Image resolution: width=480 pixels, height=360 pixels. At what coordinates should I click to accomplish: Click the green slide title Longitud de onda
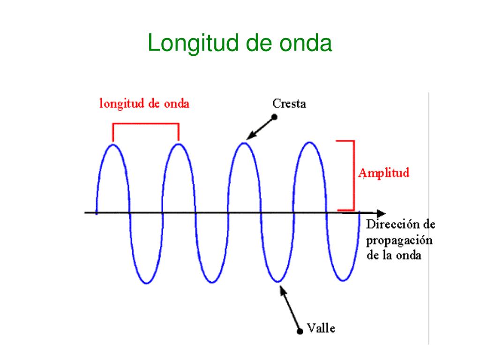pyautogui.click(x=240, y=44)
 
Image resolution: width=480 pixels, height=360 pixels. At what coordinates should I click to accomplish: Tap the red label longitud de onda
pyautogui.click(x=144, y=104)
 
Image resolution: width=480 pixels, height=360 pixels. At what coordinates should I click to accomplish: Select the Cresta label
pyautogui.click(x=289, y=104)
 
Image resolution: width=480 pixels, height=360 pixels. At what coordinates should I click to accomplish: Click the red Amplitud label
pyautogui.click(x=383, y=173)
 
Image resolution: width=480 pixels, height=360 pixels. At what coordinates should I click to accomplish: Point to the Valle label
pyautogui.click(x=321, y=328)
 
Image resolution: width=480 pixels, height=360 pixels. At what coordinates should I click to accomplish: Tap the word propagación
pyautogui.click(x=399, y=241)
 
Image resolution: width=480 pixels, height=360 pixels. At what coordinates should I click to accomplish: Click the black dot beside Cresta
pyautogui.click(x=275, y=117)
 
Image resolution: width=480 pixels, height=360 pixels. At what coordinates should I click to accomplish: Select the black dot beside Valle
pyautogui.click(x=300, y=331)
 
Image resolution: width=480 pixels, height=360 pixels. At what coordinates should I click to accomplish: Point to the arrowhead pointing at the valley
pyautogui.click(x=283, y=290)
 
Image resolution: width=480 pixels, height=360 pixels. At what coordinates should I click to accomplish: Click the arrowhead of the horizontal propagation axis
pyautogui.click(x=381, y=213)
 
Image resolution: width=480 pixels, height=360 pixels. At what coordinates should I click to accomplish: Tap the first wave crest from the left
pyautogui.click(x=113, y=145)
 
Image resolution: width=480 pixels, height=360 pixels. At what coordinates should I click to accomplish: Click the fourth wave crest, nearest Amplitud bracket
pyautogui.click(x=310, y=142)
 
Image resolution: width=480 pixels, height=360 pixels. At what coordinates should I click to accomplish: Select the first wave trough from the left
pyautogui.click(x=146, y=283)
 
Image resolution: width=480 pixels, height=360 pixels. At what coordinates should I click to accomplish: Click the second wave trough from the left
pyautogui.click(x=212, y=282)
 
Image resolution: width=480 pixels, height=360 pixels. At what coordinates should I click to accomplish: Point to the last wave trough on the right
pyautogui.click(x=343, y=280)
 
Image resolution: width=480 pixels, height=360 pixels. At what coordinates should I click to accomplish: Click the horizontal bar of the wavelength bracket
pyautogui.click(x=146, y=124)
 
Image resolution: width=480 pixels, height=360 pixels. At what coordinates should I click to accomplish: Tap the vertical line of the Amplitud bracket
pyautogui.click(x=354, y=175)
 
